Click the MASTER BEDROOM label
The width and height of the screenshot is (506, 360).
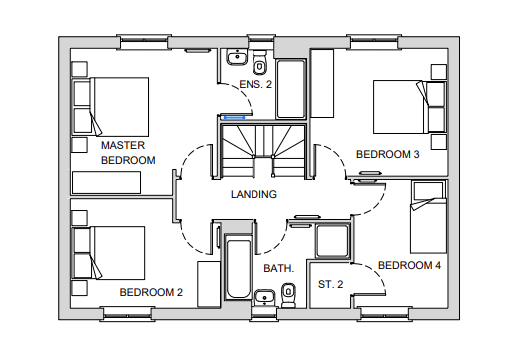tap(128, 153)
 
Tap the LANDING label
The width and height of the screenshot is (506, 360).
tap(253, 194)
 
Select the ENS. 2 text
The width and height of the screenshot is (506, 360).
tap(255, 85)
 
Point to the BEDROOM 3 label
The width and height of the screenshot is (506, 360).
tap(388, 154)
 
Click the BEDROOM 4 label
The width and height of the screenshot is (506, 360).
tap(409, 265)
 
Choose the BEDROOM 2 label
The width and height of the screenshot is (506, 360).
tap(151, 292)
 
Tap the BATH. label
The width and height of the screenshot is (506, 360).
tap(278, 268)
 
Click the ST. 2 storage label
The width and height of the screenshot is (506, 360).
tap(330, 284)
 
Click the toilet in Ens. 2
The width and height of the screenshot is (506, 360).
tap(259, 62)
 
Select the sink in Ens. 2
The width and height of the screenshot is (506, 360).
tap(237, 57)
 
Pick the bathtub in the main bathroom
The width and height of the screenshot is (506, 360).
tap(238, 267)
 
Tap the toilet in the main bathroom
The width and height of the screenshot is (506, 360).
tap(288, 295)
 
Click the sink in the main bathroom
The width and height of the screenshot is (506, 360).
tap(264, 298)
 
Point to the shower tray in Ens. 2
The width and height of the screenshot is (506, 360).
tap(291, 89)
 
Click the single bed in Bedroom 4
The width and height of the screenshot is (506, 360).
tap(429, 217)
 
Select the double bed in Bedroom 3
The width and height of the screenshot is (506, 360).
tap(409, 107)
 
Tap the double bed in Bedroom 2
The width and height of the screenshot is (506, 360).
tap(109, 253)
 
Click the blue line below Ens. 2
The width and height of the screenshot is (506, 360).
tap(235, 117)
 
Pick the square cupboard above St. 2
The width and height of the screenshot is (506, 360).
tap(333, 241)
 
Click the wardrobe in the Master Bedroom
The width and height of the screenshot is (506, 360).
tap(106, 182)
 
